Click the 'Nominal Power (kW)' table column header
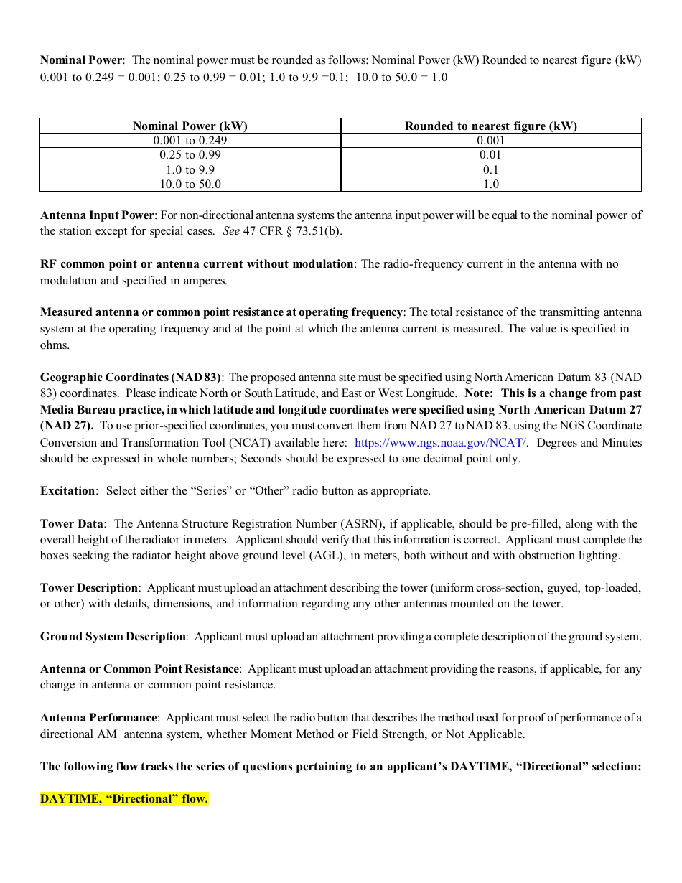pos(190,126)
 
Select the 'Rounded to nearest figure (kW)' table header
pos(490,126)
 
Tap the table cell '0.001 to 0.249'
pos(190,141)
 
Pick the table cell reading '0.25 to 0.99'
pos(190,155)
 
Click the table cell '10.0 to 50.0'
pos(190,184)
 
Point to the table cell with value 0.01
pos(490,155)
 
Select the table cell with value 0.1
pos(490,170)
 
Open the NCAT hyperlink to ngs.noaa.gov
pos(440,443)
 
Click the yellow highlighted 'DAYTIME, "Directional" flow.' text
pos(124,799)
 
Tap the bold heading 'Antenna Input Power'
pos(97,215)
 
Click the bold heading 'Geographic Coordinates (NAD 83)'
pos(131,378)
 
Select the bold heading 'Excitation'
pos(67,491)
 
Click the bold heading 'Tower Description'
pos(89,588)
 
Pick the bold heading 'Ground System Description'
pos(113,637)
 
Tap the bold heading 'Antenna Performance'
pos(98,718)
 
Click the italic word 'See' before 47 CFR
pos(230,231)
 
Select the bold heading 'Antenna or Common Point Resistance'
pos(139,669)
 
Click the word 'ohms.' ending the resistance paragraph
pos(55,345)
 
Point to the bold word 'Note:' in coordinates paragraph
pos(479,393)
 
